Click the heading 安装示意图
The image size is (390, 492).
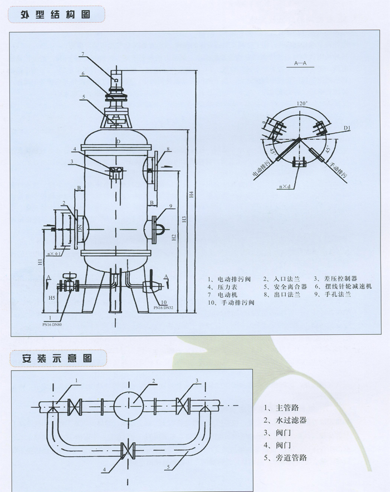tap(56, 358)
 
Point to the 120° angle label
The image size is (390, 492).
tap(301, 104)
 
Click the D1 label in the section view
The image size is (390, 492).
tap(347, 129)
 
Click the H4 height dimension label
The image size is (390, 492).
tap(191, 195)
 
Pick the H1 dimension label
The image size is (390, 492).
tap(40, 261)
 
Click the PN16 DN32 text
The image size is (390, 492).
tap(164, 307)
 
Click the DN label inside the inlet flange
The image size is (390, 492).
tap(80, 228)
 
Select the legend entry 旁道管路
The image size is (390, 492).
tap(287, 458)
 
